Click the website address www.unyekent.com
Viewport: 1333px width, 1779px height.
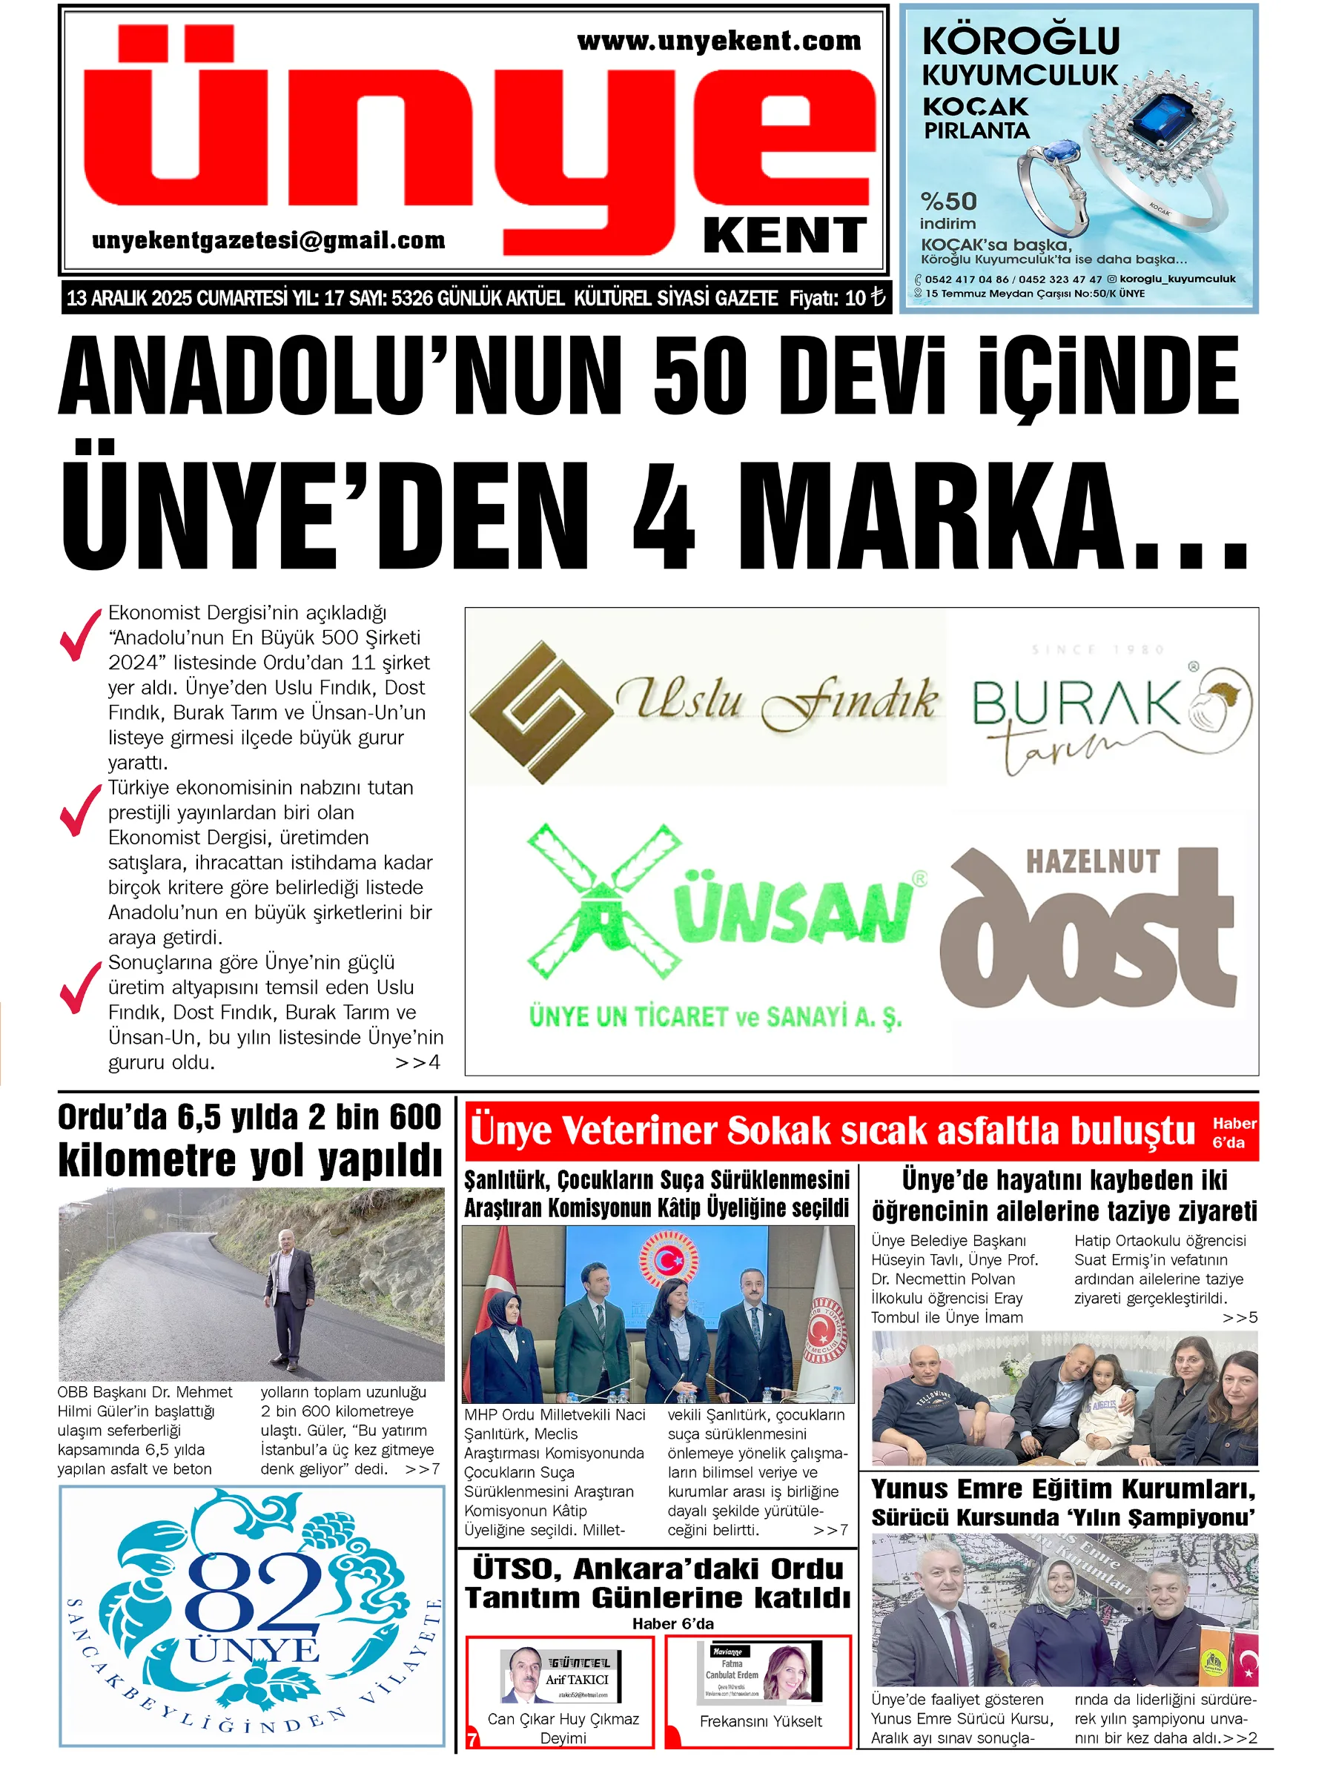(718, 41)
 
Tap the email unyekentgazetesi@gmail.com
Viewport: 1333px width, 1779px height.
(268, 239)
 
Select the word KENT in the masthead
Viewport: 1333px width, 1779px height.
(784, 235)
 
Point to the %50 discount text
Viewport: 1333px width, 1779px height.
(947, 201)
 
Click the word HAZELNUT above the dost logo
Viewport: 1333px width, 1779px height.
(1093, 861)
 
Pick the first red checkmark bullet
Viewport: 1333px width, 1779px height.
(81, 635)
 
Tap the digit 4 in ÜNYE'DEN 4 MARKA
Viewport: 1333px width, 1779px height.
(664, 514)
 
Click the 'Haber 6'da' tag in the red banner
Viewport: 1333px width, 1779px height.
(1233, 1132)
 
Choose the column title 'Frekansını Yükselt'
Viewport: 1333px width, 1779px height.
(760, 1721)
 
